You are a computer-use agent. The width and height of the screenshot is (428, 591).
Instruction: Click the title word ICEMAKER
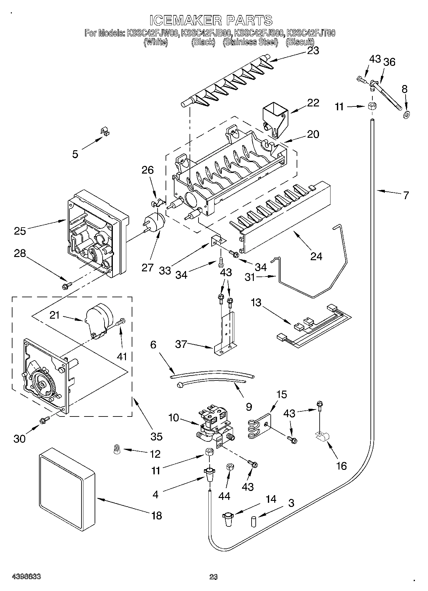[x=186, y=20]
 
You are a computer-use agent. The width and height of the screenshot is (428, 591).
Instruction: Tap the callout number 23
[x=313, y=51]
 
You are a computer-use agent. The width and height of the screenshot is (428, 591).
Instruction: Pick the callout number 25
[x=20, y=230]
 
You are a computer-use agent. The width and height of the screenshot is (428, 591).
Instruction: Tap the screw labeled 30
[x=44, y=421]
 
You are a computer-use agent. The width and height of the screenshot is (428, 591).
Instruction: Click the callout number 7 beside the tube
[x=405, y=195]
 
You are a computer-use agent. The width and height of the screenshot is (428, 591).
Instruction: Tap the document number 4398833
[x=26, y=576]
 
